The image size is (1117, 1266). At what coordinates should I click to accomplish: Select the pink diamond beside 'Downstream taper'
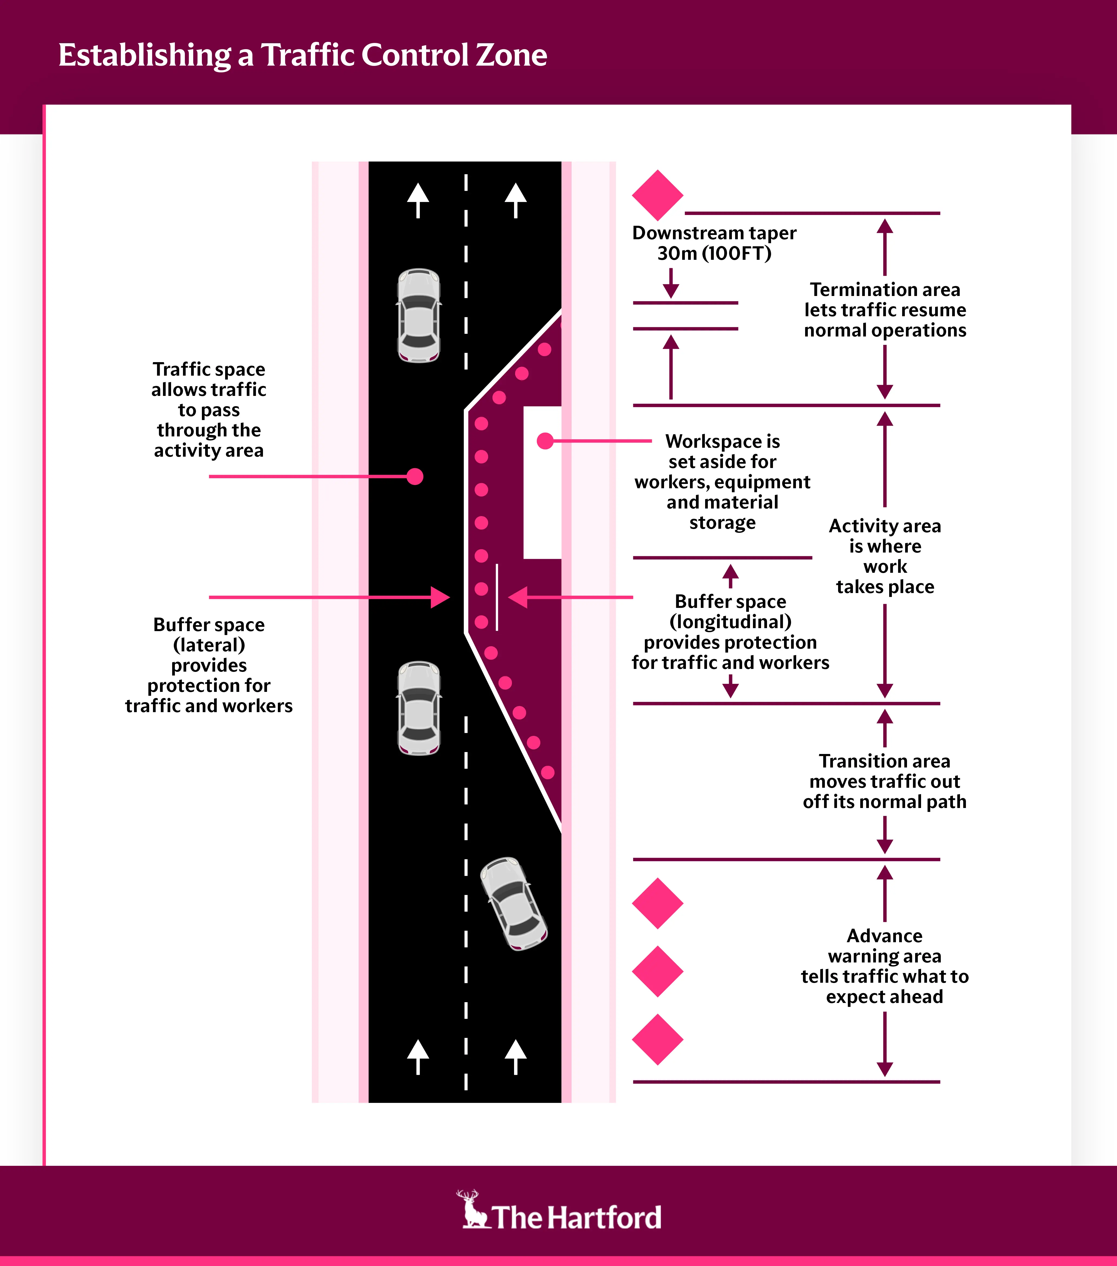tap(657, 195)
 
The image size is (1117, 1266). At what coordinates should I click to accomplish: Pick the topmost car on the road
tap(419, 315)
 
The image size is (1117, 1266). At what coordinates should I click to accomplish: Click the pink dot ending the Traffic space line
tap(415, 476)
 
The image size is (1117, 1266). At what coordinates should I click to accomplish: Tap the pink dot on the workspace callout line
tap(545, 441)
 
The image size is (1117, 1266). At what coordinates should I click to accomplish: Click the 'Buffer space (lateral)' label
tap(209, 665)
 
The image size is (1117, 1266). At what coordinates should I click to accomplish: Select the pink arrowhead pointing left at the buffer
tap(518, 597)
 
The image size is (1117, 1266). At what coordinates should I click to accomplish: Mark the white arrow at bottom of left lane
tap(418, 1056)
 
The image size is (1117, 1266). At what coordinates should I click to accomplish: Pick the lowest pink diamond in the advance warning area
tap(657, 1039)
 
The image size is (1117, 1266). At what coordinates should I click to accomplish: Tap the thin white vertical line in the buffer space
tap(496, 597)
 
